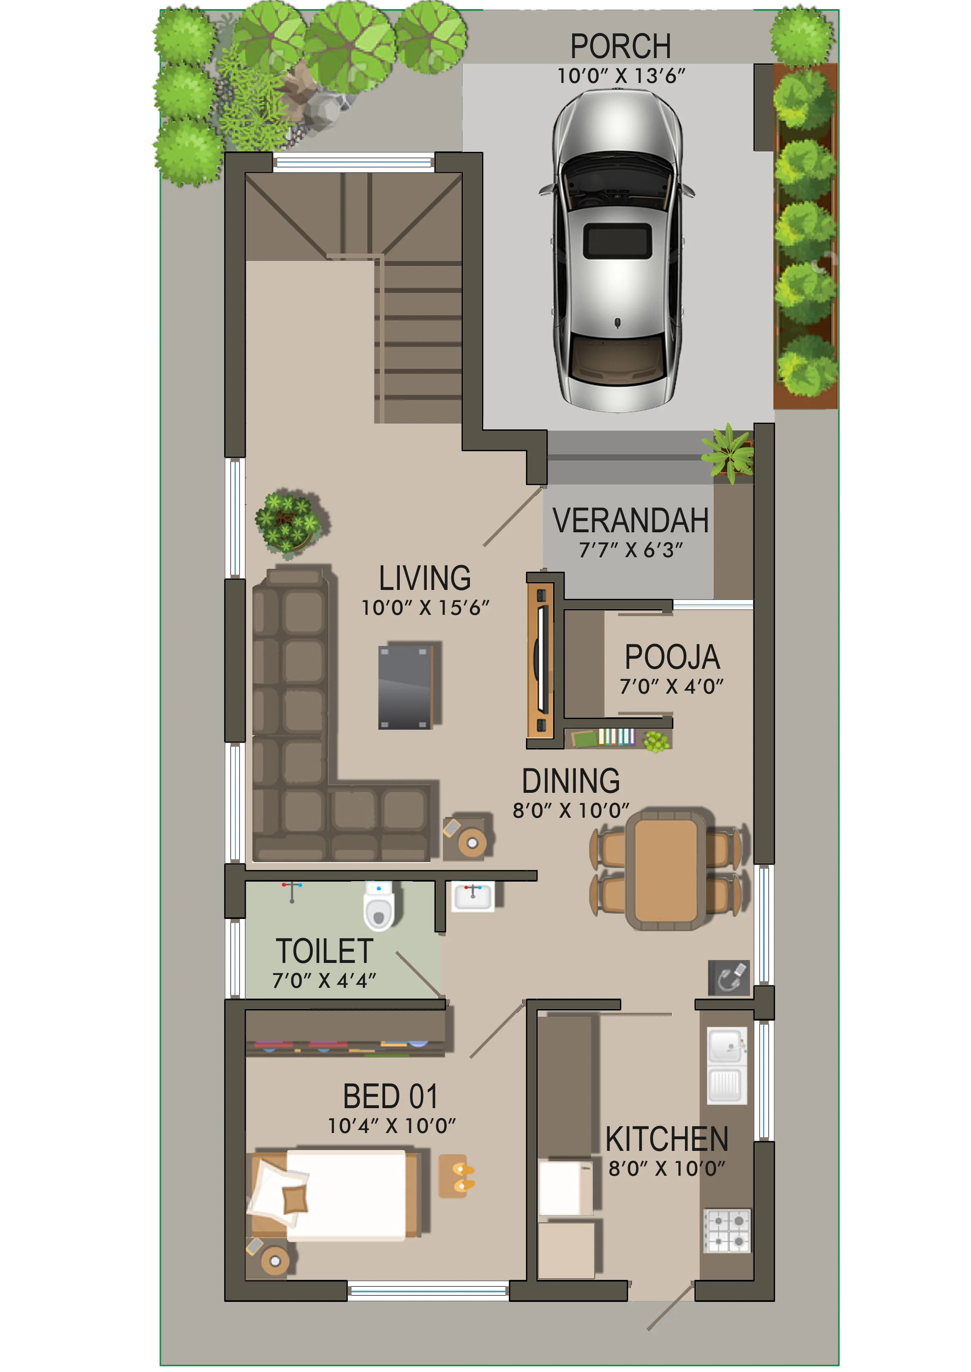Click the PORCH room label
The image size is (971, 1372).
coord(620,46)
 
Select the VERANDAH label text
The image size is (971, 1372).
coord(630,521)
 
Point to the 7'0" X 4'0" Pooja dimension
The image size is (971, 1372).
coord(671,687)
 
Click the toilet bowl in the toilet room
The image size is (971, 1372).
coord(379,906)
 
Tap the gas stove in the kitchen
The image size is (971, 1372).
coord(726,1231)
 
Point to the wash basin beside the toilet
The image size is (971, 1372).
coord(472,896)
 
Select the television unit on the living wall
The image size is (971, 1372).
coord(541,661)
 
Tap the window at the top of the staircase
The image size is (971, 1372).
coord(354,162)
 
